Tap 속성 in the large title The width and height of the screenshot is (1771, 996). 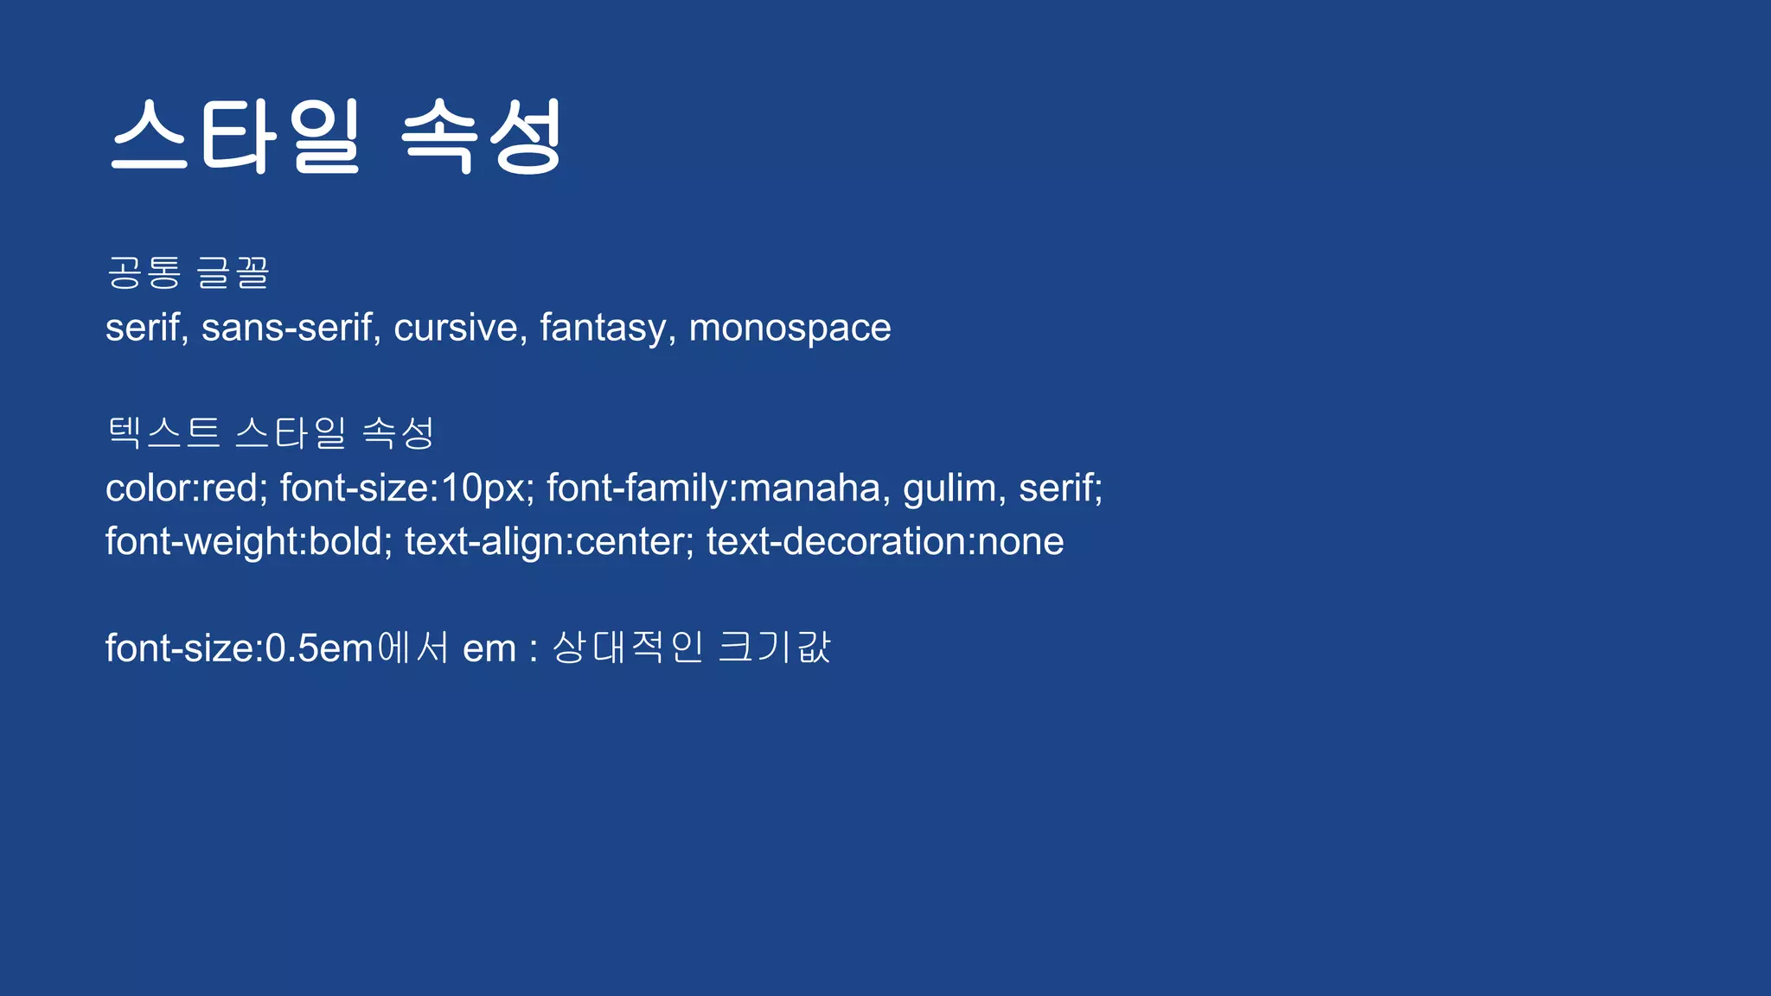(483, 137)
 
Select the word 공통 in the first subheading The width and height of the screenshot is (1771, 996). (144, 273)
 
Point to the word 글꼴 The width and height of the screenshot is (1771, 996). (233, 273)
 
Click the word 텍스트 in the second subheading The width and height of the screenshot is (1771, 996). (163, 432)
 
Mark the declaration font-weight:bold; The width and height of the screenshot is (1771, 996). (249, 542)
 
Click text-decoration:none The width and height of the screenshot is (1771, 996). (885, 542)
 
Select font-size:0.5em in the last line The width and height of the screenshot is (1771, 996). (239, 648)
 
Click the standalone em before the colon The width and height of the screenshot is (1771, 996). (489, 649)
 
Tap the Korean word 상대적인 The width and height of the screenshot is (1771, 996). (628, 648)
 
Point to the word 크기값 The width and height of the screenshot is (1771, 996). (775, 648)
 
